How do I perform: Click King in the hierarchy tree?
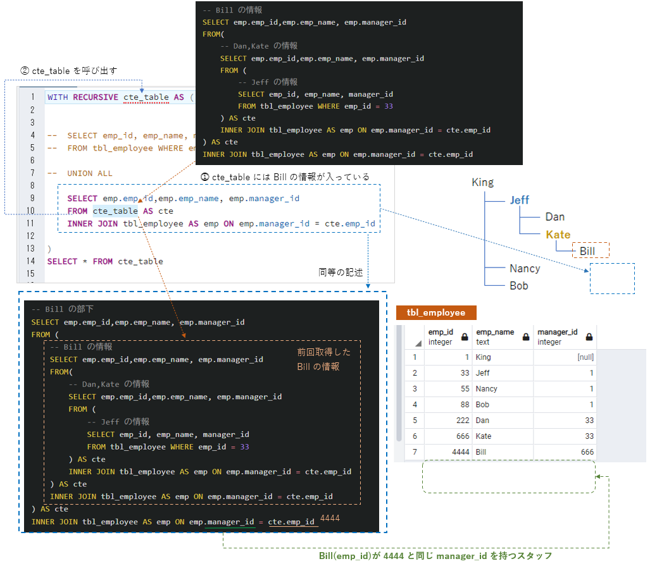482,182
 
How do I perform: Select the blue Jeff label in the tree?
519,200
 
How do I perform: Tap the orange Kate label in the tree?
558,235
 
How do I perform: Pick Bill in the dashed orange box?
587,251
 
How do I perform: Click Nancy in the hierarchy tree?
525,268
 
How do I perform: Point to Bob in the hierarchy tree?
519,285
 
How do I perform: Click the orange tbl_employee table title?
435,312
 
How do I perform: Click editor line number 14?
31,261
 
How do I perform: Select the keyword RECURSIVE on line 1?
96,97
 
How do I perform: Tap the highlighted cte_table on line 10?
115,211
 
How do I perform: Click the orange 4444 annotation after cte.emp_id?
330,519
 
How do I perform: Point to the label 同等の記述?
341,272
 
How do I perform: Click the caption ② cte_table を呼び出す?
69,70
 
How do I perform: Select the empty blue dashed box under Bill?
611,279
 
